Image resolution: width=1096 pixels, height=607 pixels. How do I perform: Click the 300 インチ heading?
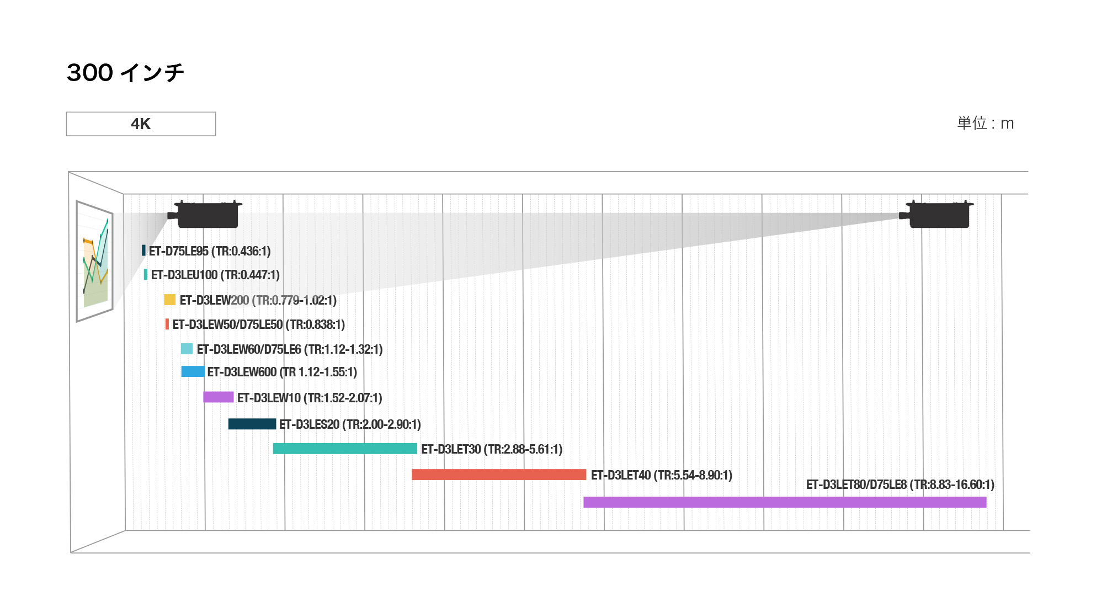tap(125, 73)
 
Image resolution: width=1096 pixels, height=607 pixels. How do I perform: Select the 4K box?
tap(141, 124)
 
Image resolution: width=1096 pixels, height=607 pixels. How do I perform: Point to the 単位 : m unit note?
tap(985, 123)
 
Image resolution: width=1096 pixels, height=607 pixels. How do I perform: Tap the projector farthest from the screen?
tap(938, 215)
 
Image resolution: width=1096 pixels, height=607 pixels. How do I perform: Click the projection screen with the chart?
tap(95, 260)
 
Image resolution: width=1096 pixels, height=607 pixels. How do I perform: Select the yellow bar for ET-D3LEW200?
tap(169, 300)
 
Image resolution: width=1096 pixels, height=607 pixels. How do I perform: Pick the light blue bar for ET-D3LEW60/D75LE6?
tap(187, 349)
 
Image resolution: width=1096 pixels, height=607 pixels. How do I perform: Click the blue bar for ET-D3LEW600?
tap(193, 371)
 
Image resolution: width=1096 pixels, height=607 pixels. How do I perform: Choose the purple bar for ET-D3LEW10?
tap(218, 397)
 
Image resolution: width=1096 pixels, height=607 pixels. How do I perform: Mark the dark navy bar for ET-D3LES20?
tap(252, 424)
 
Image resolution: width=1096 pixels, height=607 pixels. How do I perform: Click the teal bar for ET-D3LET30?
tap(345, 449)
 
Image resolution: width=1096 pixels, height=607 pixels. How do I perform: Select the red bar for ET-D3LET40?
tap(499, 475)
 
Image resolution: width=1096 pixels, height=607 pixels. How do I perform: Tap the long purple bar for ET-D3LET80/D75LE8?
tap(785, 502)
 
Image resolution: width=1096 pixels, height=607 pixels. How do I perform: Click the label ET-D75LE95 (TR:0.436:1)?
tap(210, 251)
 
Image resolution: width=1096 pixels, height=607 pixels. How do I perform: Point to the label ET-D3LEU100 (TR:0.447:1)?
tap(215, 275)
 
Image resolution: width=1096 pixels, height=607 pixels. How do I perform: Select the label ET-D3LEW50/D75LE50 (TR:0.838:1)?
tap(258, 324)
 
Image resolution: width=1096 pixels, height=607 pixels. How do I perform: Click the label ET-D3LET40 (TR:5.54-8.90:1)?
tap(661, 475)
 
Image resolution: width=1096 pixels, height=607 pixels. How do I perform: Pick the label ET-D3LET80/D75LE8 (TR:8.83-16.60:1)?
tap(900, 484)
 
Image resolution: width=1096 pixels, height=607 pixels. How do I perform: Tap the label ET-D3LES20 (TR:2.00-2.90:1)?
tap(350, 424)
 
